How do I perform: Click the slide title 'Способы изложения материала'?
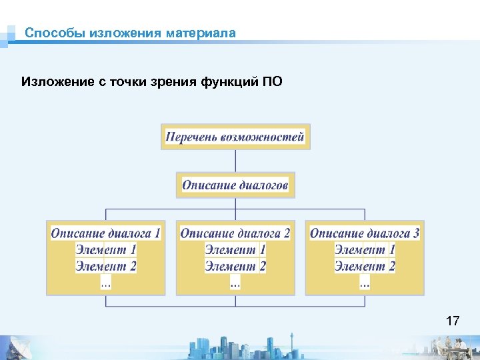[x=130, y=33]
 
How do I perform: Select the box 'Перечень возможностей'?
[x=235, y=137]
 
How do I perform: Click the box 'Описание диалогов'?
[x=235, y=185]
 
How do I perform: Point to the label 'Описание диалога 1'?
[x=105, y=233]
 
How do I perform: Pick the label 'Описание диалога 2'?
[x=235, y=233]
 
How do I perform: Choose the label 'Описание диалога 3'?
[x=365, y=233]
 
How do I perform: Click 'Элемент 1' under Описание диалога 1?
[x=106, y=250]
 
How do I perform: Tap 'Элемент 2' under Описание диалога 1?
[x=106, y=266]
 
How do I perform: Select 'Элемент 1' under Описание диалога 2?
[x=235, y=250]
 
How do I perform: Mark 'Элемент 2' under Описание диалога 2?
[x=235, y=266]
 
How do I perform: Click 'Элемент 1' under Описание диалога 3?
[x=365, y=250]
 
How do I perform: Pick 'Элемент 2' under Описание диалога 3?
[x=365, y=266]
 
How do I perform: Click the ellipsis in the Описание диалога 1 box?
[x=106, y=283]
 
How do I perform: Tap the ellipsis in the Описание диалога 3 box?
[x=365, y=283]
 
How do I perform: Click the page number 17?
[x=452, y=321]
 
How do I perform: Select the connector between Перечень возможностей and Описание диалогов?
[x=235, y=161]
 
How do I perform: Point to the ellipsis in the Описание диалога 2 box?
[x=235, y=283]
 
